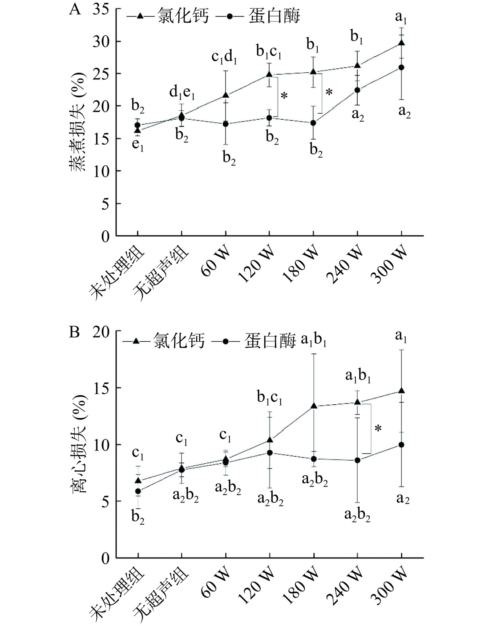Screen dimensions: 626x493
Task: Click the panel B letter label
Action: (74, 332)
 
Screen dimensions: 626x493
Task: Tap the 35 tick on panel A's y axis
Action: (101, 9)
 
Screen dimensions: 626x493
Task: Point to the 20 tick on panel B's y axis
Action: (101, 332)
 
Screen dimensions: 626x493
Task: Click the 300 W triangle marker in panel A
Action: (401, 43)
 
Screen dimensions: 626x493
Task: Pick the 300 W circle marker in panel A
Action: (401, 67)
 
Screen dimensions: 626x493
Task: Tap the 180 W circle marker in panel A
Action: (313, 123)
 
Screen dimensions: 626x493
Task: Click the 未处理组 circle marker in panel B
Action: (138, 491)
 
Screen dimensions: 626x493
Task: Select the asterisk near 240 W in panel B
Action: (378, 429)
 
